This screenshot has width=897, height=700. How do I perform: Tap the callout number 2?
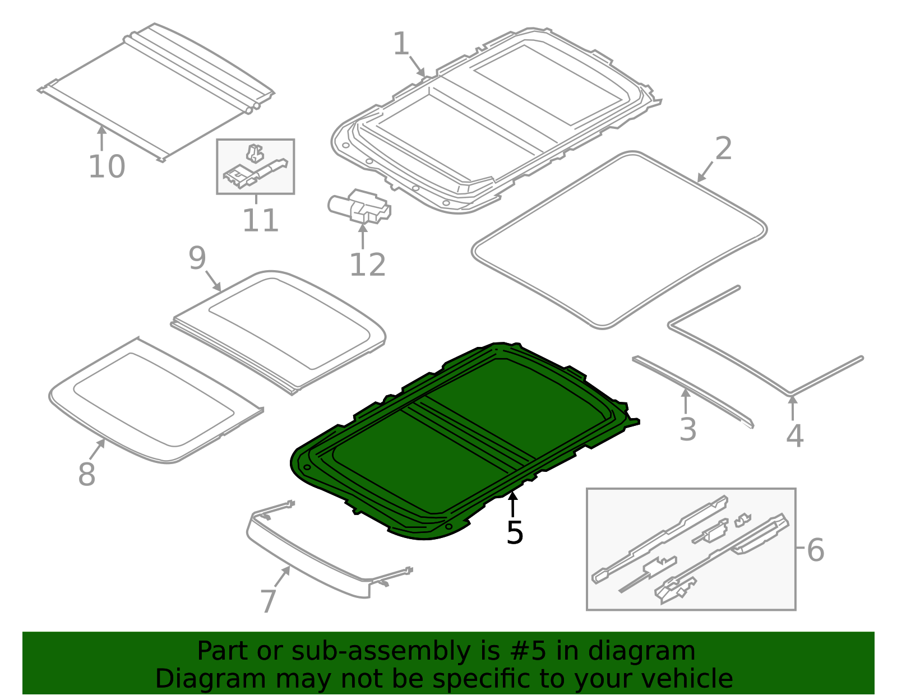click(x=723, y=149)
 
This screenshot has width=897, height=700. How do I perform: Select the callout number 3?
click(x=687, y=429)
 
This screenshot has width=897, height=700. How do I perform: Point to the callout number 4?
click(x=794, y=435)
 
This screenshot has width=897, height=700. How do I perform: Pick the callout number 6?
click(x=816, y=550)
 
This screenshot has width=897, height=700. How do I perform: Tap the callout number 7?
click(x=269, y=601)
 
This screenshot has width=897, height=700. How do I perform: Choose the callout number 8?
click(x=86, y=474)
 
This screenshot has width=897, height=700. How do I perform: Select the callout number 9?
click(x=197, y=258)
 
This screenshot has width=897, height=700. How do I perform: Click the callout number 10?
click(x=107, y=166)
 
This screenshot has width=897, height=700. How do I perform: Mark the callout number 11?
click(x=260, y=220)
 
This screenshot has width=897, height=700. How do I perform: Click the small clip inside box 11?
click(x=255, y=152)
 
